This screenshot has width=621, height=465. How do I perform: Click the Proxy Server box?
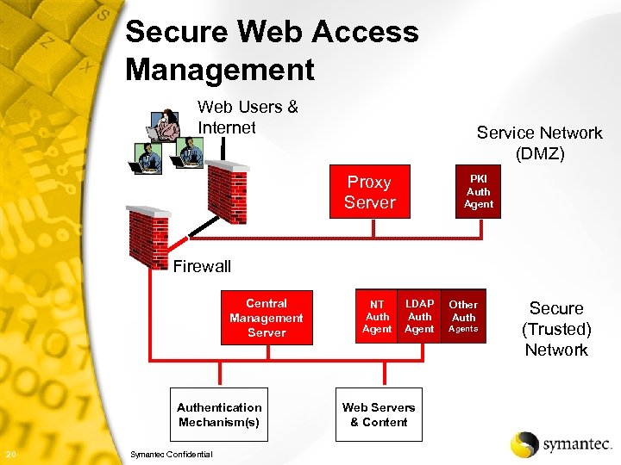(369, 192)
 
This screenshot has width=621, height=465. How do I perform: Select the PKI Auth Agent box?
(478, 192)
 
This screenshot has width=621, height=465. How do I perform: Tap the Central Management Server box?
(267, 318)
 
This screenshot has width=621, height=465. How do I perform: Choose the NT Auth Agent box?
(377, 316)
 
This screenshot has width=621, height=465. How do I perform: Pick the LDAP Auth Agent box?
(419, 316)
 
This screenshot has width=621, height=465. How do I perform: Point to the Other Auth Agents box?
(463, 316)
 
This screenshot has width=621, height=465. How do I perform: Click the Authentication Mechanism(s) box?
(219, 414)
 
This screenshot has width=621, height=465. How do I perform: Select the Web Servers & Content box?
(379, 414)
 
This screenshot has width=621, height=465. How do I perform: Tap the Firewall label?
(202, 266)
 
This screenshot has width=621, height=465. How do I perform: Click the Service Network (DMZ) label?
(539, 143)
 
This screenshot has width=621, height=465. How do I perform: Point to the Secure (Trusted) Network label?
(556, 329)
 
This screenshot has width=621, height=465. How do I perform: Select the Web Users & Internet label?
(248, 117)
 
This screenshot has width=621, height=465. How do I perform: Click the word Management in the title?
(220, 69)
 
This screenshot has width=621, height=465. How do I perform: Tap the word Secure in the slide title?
(176, 32)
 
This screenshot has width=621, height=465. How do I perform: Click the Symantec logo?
(561, 443)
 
